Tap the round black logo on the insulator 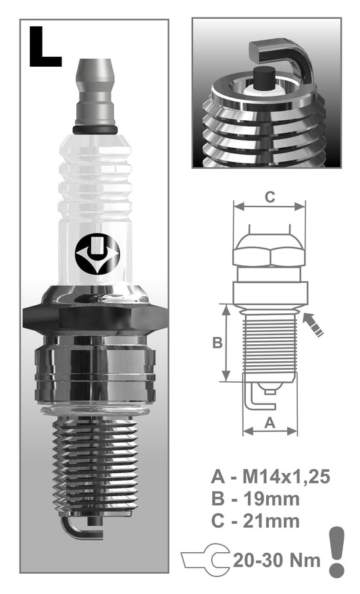[x=97, y=254]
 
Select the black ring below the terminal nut [x=95, y=130]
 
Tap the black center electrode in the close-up [x=263, y=78]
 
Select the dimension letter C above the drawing [x=269, y=197]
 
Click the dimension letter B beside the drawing [x=217, y=342]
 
